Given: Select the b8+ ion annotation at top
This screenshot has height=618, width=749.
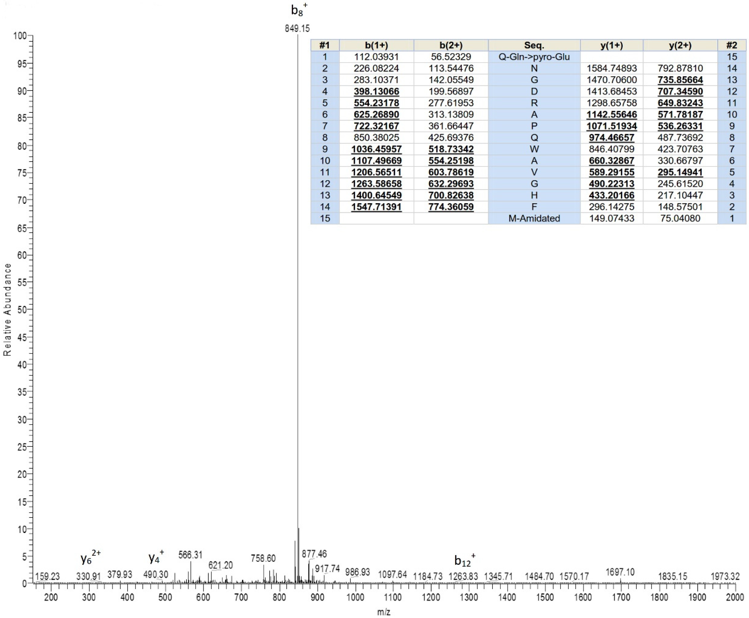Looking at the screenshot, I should [x=298, y=10].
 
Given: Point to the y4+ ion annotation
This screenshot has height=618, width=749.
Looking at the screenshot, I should [x=156, y=558].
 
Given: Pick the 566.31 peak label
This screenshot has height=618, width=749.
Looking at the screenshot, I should [x=190, y=555].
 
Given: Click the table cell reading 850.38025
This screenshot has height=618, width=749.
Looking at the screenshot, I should [x=376, y=137].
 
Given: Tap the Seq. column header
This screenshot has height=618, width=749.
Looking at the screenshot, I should [x=534, y=45].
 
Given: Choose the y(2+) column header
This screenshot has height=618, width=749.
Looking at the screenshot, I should [x=680, y=45].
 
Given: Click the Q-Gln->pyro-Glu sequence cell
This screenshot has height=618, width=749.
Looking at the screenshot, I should [x=534, y=57].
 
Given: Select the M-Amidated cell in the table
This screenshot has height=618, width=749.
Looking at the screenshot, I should [x=534, y=218].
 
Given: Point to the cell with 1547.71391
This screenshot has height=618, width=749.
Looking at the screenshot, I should [x=376, y=207].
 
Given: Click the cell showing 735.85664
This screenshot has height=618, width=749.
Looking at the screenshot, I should [x=680, y=80].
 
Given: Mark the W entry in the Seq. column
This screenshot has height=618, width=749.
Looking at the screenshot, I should [x=534, y=149].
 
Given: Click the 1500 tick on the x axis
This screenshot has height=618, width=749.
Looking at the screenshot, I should [x=545, y=597].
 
